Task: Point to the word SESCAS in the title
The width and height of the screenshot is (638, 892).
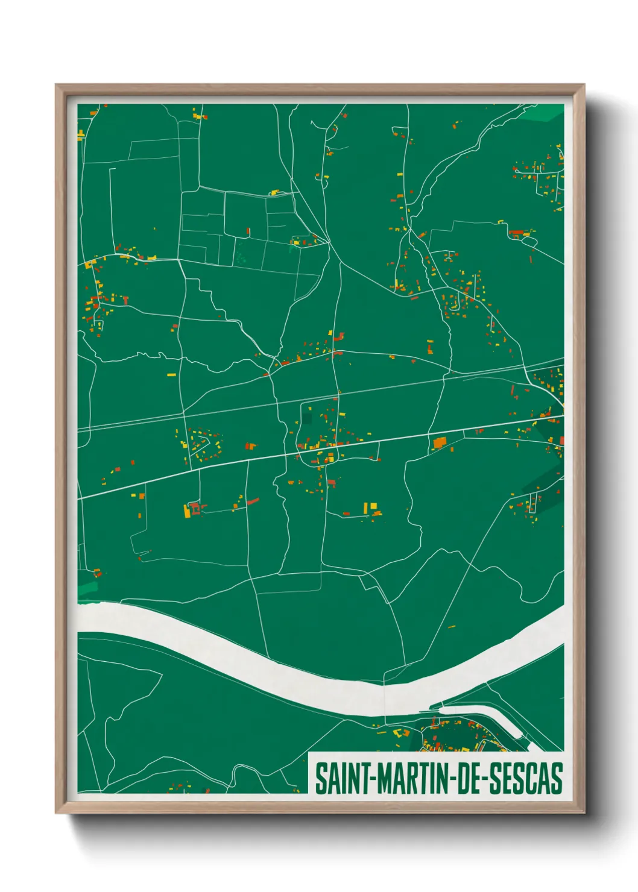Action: click(x=525, y=779)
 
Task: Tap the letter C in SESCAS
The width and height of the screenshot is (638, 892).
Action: click(x=534, y=779)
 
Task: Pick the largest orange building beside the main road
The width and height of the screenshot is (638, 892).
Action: click(x=439, y=443)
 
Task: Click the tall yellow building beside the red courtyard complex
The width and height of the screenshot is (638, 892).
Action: click(x=187, y=511)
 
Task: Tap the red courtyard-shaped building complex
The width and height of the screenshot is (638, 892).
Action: click(x=195, y=507)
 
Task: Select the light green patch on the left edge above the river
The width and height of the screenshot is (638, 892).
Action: click(x=87, y=588)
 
